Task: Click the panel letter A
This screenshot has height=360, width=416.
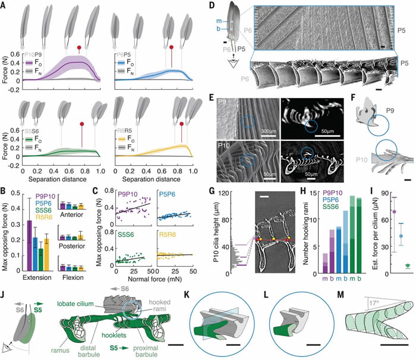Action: pos(4,4)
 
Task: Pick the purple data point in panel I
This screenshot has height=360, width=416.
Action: pos(393,211)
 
